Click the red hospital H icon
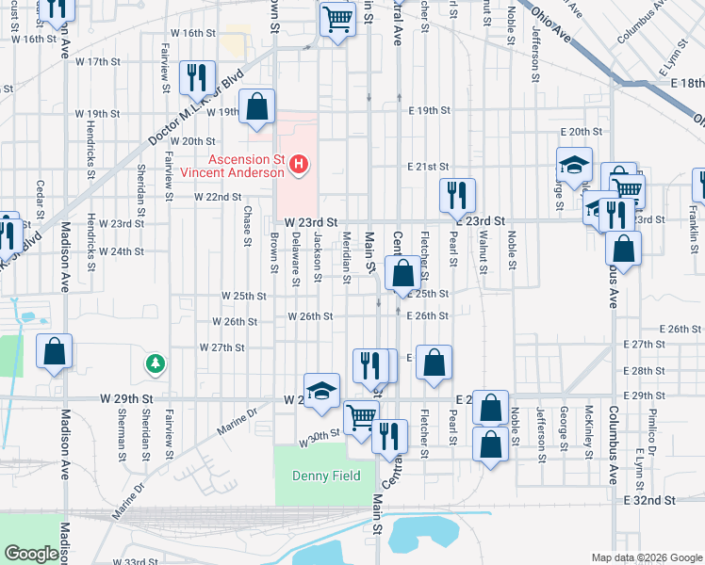point(299,166)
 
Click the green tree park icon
point(154,363)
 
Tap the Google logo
point(31,554)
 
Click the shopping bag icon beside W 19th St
point(256,107)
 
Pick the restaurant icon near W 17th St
point(197,80)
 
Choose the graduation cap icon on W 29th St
point(322,391)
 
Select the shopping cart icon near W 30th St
point(361,418)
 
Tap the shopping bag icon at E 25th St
point(402,275)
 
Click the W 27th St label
point(222,347)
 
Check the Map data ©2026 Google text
point(646,556)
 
